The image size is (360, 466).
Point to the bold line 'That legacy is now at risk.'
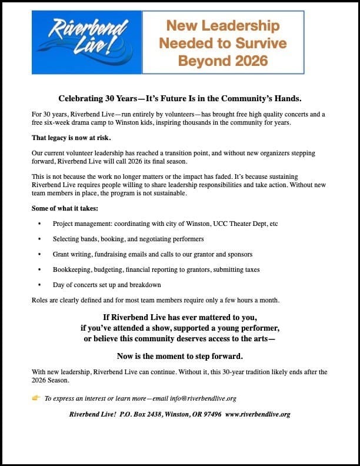coord(71,138)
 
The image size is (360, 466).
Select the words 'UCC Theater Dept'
coord(231,224)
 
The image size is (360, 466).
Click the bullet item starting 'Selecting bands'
coord(128,239)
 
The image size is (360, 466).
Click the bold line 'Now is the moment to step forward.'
coord(179,357)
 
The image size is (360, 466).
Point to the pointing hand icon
coord(36,398)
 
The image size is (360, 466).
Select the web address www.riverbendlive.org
coord(258,414)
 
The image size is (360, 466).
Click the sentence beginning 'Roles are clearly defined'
coord(155,300)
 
